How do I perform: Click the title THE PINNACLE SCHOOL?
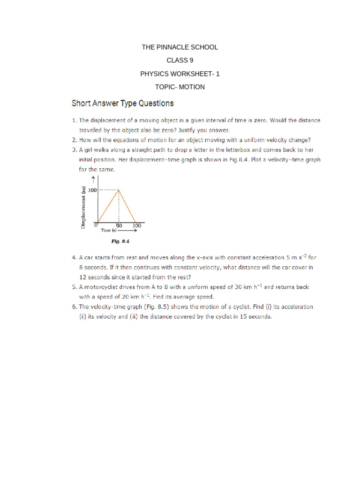point(180,47)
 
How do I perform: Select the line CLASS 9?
point(180,60)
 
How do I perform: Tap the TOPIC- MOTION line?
point(180,87)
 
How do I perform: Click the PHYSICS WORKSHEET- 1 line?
point(180,74)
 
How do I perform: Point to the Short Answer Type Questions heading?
point(122,103)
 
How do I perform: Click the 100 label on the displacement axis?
point(91,189)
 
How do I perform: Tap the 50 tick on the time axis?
point(119,225)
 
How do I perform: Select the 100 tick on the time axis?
point(136,225)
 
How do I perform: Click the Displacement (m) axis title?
point(83,207)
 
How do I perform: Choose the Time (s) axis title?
point(107,231)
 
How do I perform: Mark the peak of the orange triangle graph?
point(119,189)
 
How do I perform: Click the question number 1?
point(74,120)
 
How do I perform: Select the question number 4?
point(74,257)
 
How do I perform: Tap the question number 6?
point(74,307)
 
